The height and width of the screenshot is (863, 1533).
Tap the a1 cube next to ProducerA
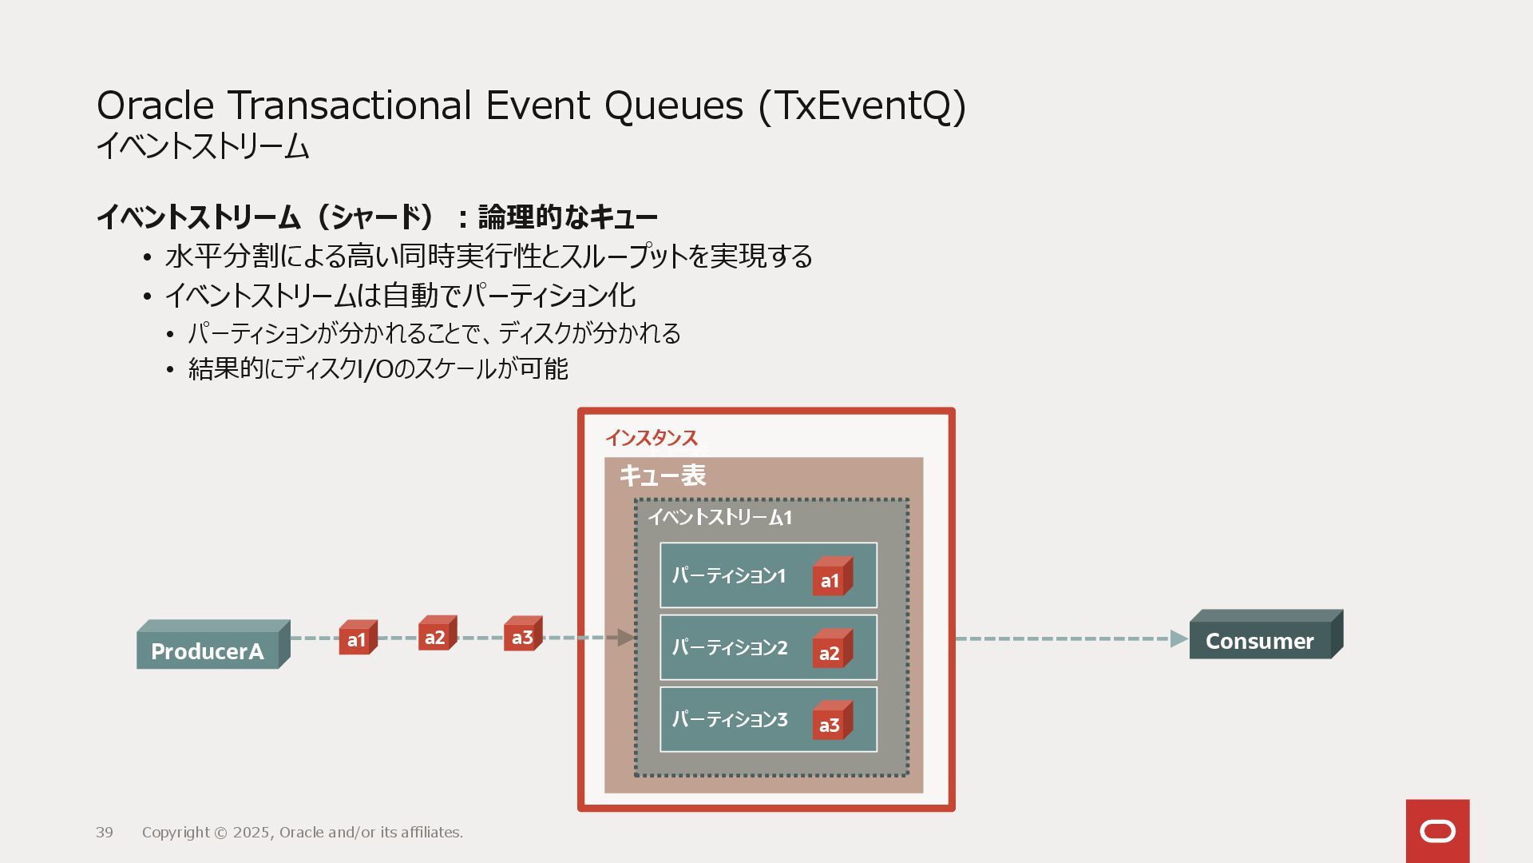357,638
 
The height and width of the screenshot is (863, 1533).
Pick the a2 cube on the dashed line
436,635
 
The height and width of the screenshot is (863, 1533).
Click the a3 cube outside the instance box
522,636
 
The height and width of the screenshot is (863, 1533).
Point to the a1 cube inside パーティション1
831,579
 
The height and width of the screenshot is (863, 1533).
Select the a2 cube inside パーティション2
831,651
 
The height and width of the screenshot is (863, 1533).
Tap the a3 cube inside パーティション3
831,723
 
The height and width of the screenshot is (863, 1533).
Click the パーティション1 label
728,575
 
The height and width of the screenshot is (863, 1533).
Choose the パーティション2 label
729,647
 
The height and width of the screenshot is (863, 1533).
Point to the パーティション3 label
729,719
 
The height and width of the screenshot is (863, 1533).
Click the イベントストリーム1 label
719,517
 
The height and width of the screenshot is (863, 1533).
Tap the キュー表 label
662,475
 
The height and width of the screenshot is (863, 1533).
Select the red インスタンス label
651,437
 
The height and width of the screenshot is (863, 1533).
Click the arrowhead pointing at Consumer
1178,638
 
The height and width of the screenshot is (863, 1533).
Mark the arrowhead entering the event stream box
626,638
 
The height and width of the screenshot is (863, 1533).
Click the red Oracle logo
1437,831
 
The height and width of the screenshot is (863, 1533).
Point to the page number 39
105,833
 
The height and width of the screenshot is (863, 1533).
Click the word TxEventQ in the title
862,105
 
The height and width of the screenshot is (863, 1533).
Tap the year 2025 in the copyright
252,833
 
